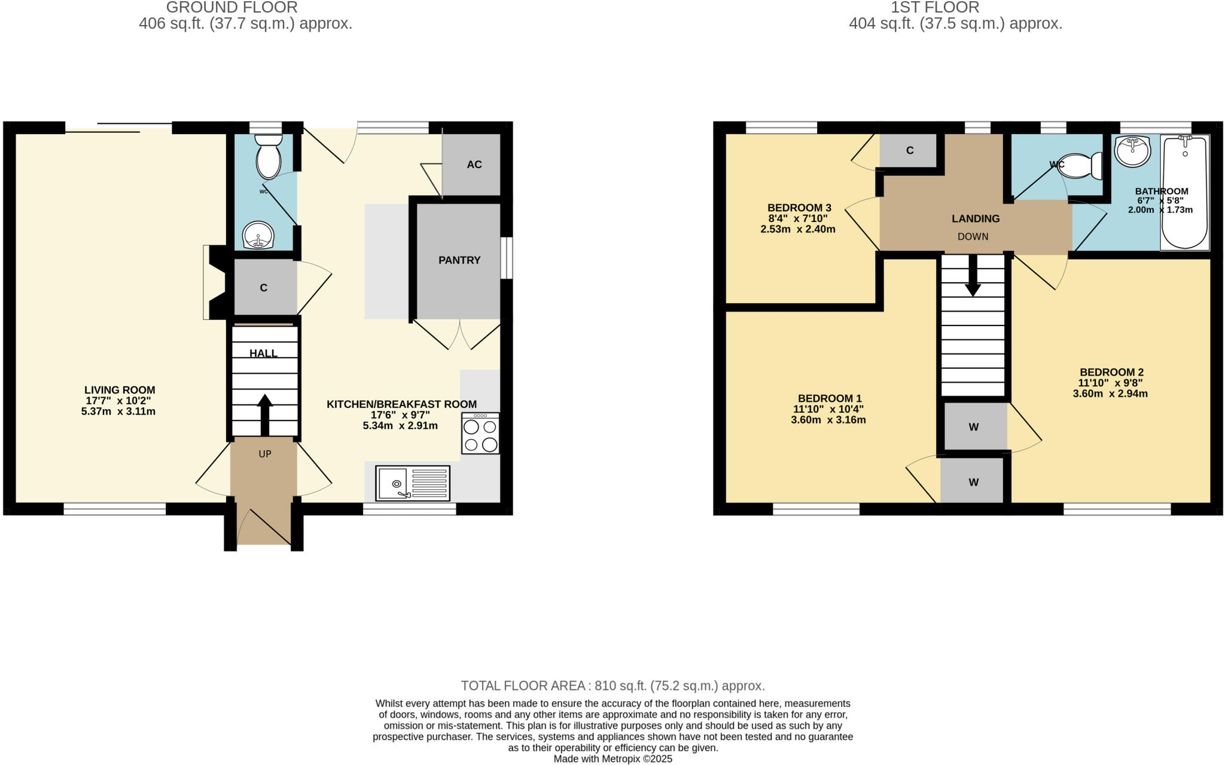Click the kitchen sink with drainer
tap(413, 483)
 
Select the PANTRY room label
tap(459, 260)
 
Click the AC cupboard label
tap(474, 164)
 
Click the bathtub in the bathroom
tap(1184, 191)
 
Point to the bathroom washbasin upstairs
tap(1133, 150)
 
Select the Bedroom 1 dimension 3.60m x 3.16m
tap(828, 420)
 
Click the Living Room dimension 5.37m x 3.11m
tap(118, 412)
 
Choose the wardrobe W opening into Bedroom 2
tap(974, 427)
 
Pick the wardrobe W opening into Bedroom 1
tap(973, 482)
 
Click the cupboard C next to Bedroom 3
tap(909, 150)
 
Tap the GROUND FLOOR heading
tap(231, 8)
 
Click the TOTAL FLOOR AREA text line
tap(612, 685)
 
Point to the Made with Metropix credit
tap(612, 759)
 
